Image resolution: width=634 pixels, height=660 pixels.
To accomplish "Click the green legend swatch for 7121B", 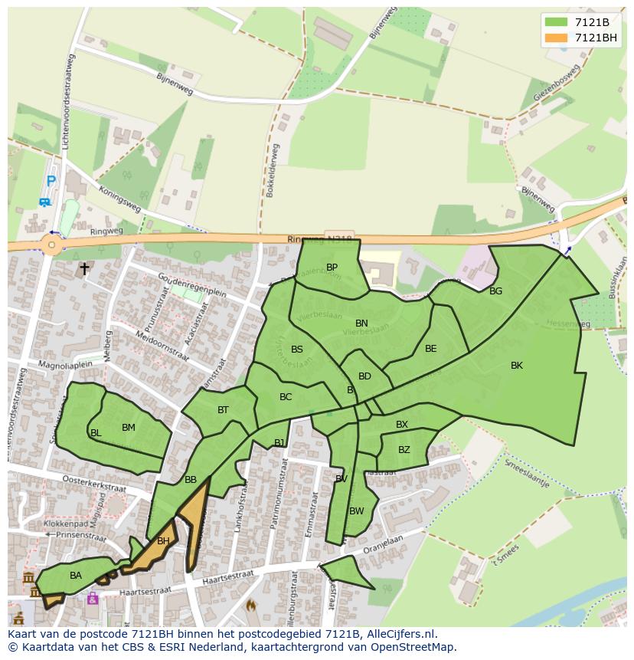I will pyautogui.click(x=556, y=22).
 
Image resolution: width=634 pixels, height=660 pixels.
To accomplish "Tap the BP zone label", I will pyautogui.click(x=332, y=268).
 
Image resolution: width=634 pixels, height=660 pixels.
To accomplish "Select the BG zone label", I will pyautogui.click(x=495, y=291).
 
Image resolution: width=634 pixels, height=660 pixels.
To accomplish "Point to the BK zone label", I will pyautogui.click(x=517, y=366).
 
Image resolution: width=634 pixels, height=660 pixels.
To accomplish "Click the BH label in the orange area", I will pyautogui.click(x=163, y=541).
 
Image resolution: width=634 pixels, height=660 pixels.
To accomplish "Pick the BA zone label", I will pyautogui.click(x=76, y=575).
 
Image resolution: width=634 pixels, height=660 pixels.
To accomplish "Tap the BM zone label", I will pyautogui.click(x=129, y=428).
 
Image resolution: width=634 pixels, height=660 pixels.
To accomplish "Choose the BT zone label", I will pyautogui.click(x=223, y=410).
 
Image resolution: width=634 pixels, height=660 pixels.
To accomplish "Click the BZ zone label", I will pyautogui.click(x=404, y=450).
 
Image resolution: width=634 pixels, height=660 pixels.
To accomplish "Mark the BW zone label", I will pyautogui.click(x=357, y=511).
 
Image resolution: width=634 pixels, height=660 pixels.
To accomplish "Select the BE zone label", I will pyautogui.click(x=430, y=349).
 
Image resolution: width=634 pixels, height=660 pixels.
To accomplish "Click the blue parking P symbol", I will pyautogui.click(x=51, y=182).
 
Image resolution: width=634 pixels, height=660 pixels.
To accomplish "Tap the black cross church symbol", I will pyautogui.click(x=84, y=269).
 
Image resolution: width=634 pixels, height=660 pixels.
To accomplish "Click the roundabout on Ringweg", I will pyautogui.click(x=51, y=245).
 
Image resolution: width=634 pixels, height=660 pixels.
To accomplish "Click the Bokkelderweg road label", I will pyautogui.click(x=272, y=170).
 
